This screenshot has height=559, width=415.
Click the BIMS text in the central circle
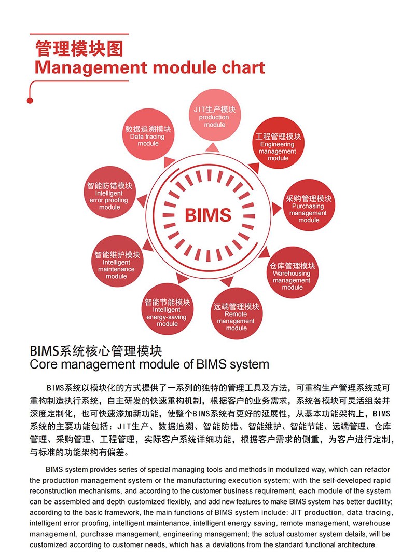tap(208, 215)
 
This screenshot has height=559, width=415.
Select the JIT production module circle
tap(214, 116)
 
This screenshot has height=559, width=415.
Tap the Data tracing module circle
tap(148, 134)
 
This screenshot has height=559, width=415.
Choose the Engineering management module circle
tap(278, 143)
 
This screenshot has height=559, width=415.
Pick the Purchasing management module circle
tap(309, 206)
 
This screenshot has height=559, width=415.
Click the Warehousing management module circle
tap(293, 272)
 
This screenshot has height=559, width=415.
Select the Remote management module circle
tap(237, 313)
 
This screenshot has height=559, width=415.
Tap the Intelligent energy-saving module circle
tap(168, 309)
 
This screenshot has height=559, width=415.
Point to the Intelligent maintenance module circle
tap(117, 261)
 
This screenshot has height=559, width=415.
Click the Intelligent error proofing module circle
tap(110, 192)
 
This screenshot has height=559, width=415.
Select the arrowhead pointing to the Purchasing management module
tap(276, 209)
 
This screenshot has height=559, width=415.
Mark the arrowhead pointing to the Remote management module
tap(227, 281)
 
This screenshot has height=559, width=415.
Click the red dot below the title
tap(30, 101)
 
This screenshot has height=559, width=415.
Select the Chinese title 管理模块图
tap(79, 49)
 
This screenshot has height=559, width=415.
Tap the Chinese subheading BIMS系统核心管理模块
tap(96, 351)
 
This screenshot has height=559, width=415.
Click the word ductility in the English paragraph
tap(375, 501)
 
